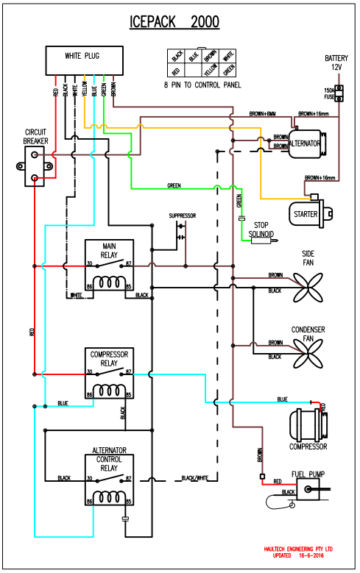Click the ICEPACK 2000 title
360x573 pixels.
click(x=174, y=22)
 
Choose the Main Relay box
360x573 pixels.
click(x=108, y=268)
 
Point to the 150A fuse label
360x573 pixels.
click(x=329, y=93)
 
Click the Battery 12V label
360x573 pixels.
click(x=336, y=63)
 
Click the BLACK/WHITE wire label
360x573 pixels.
click(x=195, y=478)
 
